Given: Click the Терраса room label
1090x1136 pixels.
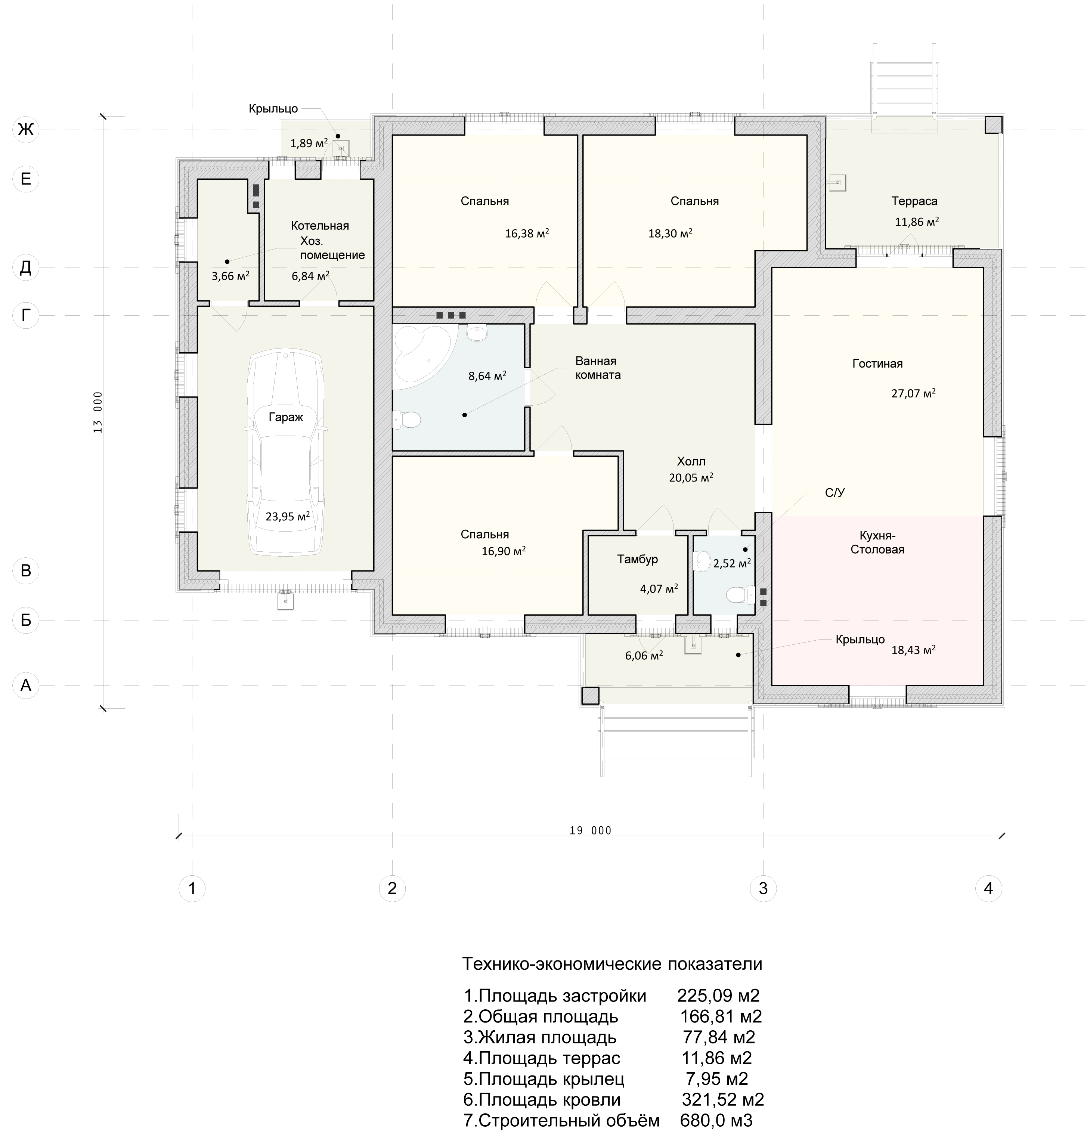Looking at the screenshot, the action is point(914,201).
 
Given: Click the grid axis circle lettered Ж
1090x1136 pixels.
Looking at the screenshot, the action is point(25,129).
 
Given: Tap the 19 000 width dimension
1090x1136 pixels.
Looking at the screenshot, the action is point(590,830).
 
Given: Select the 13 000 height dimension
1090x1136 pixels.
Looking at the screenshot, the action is point(97,412).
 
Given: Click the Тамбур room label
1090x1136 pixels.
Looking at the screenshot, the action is point(637,559).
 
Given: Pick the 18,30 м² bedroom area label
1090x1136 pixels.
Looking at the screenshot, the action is point(670,233).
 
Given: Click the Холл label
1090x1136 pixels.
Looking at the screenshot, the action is point(691,461).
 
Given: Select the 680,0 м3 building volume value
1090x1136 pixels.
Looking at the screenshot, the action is point(716,1120).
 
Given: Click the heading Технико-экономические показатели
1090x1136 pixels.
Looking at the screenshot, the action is point(612,963).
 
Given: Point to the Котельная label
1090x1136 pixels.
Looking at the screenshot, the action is point(320,226).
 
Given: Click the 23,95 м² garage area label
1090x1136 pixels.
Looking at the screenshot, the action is point(287,516).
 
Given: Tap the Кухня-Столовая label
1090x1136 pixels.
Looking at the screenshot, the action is point(877,542).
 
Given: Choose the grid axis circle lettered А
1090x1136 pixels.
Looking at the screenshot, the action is point(25,685).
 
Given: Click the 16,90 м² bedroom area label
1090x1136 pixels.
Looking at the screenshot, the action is point(504,551).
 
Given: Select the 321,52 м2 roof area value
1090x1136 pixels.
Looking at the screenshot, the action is point(722,1099).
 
